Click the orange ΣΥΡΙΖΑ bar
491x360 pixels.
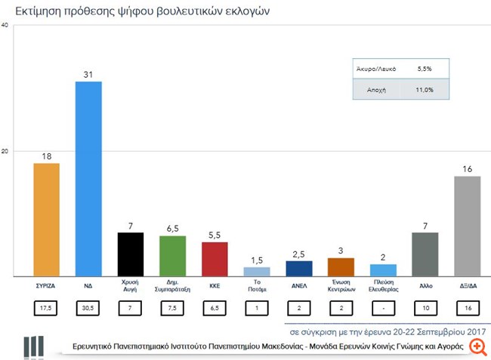tap(47, 220)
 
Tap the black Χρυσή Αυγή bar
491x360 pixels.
tap(131, 254)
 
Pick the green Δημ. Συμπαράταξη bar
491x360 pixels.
tap(172, 256)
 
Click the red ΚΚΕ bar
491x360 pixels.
tap(215, 259)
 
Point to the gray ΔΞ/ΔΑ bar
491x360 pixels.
tap(467, 226)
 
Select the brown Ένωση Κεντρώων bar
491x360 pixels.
tap(341, 266)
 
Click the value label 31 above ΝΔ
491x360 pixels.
tap(88, 73)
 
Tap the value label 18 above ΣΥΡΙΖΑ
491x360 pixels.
tap(47, 155)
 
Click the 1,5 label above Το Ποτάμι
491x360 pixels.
tap(257, 260)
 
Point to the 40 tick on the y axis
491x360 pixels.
tap(5, 26)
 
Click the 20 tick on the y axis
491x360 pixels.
tap(5, 151)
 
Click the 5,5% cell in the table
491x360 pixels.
tap(425, 69)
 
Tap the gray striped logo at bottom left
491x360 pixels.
tap(33, 346)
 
